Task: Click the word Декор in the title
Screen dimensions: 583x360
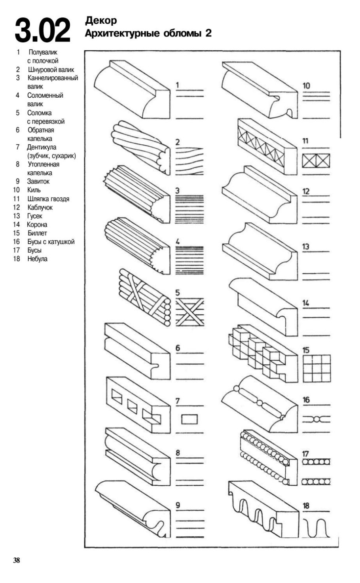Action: point(101,20)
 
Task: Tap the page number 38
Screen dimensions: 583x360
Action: point(17,560)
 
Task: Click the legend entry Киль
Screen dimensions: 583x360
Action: point(34,190)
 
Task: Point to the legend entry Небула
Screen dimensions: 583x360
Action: point(37,259)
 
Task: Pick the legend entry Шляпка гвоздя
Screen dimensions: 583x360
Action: point(48,199)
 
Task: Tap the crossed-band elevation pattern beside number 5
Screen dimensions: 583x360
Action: point(189,312)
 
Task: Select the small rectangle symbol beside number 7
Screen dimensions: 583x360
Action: point(189,419)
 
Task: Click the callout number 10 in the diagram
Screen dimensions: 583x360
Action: point(306,86)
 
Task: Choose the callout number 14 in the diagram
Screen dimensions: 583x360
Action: point(306,303)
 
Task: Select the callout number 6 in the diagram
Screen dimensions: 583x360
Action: point(178,348)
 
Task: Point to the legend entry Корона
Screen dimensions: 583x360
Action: point(37,225)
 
